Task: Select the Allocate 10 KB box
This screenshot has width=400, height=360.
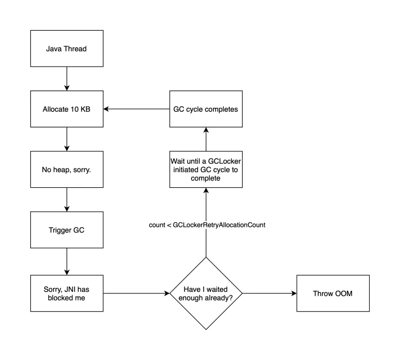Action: coord(67,110)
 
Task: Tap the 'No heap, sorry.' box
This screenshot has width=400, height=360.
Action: coord(67,170)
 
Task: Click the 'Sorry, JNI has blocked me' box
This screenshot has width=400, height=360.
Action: coord(67,293)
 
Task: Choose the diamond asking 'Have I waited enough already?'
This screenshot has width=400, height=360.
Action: coord(206,293)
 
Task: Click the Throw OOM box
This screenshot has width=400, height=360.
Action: coord(333,293)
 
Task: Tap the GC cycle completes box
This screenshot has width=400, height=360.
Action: coord(206,110)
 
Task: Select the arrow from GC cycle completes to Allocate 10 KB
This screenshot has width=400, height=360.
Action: coord(136,110)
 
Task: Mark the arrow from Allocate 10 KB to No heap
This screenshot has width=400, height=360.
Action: coord(67,139)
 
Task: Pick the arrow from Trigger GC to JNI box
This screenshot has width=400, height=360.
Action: coord(67,261)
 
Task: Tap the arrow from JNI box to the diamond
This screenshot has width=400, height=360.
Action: coord(136,293)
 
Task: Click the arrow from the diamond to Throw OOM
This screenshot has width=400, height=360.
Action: coord(269,293)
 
